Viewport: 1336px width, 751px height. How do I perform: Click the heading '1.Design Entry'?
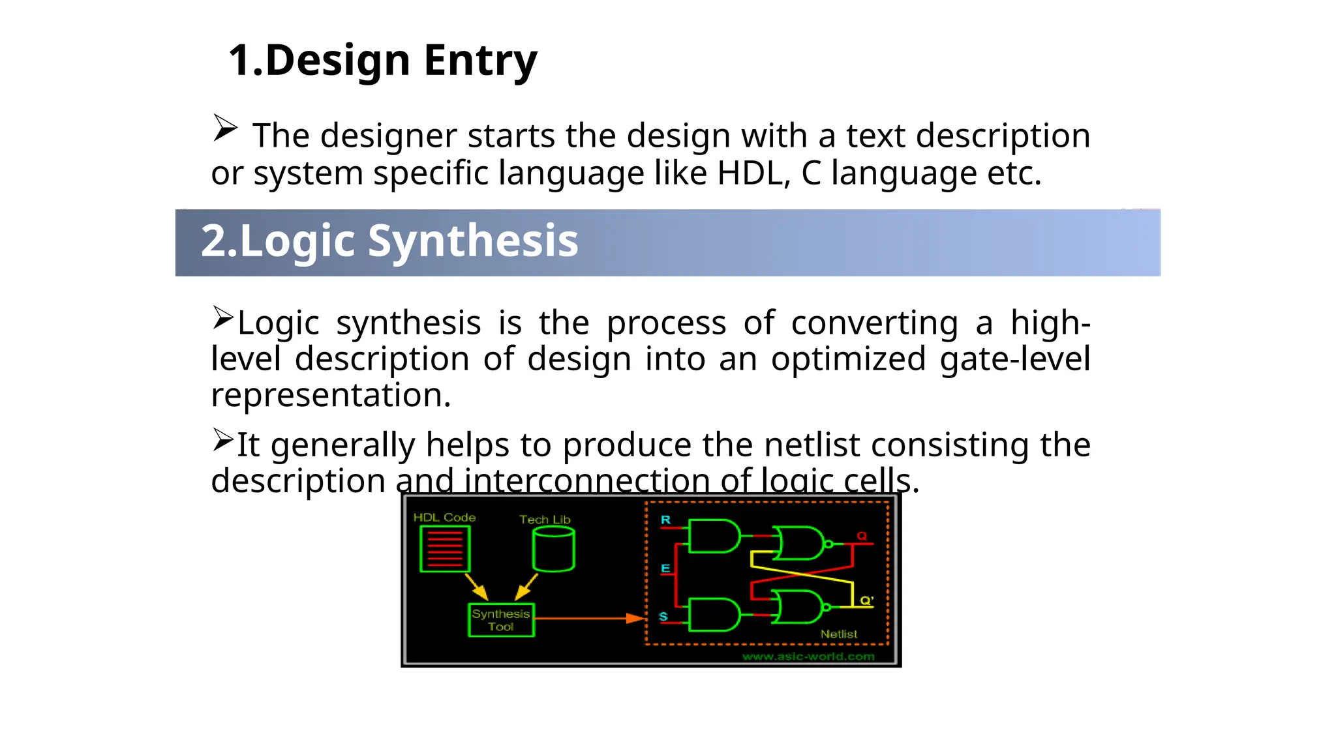coord(382,61)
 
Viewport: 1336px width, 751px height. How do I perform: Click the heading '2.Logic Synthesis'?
coord(389,241)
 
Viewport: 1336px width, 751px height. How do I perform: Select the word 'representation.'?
coord(331,396)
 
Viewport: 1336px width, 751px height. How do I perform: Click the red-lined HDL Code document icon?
coord(445,549)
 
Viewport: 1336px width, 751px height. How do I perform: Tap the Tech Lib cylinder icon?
coord(553,549)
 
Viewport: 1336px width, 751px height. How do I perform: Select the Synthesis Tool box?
coord(501,620)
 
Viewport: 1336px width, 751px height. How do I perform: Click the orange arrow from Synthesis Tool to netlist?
coord(587,618)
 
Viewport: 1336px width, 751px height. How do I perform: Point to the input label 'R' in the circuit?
coord(665,520)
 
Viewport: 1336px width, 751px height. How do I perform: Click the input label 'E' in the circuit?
coord(665,568)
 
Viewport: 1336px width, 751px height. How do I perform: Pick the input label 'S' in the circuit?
coord(663,617)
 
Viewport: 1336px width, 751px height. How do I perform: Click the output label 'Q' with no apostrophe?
coord(862,536)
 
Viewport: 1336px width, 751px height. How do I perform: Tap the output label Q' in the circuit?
coord(866,600)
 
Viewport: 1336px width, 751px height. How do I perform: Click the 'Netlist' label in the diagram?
coord(838,634)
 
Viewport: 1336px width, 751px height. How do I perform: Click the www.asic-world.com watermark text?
coord(808,656)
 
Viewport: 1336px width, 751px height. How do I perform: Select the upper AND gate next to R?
coord(714,537)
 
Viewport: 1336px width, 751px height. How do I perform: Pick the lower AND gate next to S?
coord(714,615)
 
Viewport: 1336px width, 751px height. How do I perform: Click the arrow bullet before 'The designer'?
coord(225,128)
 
